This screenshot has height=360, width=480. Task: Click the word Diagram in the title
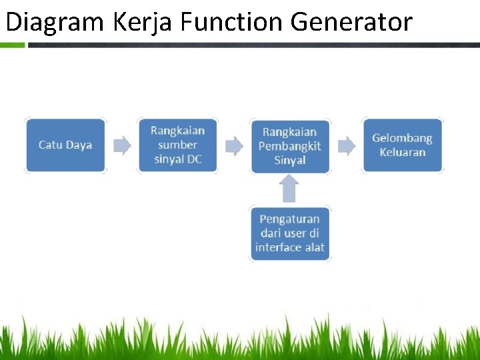(55, 22)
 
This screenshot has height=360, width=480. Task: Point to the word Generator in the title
(352, 22)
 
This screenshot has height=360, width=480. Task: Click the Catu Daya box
(65, 145)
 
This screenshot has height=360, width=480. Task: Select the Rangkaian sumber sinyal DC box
(178, 145)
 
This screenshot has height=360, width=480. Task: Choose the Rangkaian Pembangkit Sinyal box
(290, 146)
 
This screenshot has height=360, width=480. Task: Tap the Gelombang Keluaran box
(402, 145)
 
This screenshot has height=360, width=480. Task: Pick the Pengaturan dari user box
(290, 233)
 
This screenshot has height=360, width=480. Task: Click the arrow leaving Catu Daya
(122, 145)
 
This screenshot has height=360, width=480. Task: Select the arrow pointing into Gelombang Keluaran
(347, 145)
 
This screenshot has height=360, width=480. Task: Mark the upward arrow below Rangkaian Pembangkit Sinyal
(289, 189)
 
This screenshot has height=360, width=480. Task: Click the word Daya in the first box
(79, 145)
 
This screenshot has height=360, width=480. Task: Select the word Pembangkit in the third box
(290, 146)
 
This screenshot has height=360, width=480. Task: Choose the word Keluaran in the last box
(402, 152)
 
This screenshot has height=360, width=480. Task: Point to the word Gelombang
(402, 138)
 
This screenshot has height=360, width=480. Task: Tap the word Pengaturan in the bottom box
(290, 219)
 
